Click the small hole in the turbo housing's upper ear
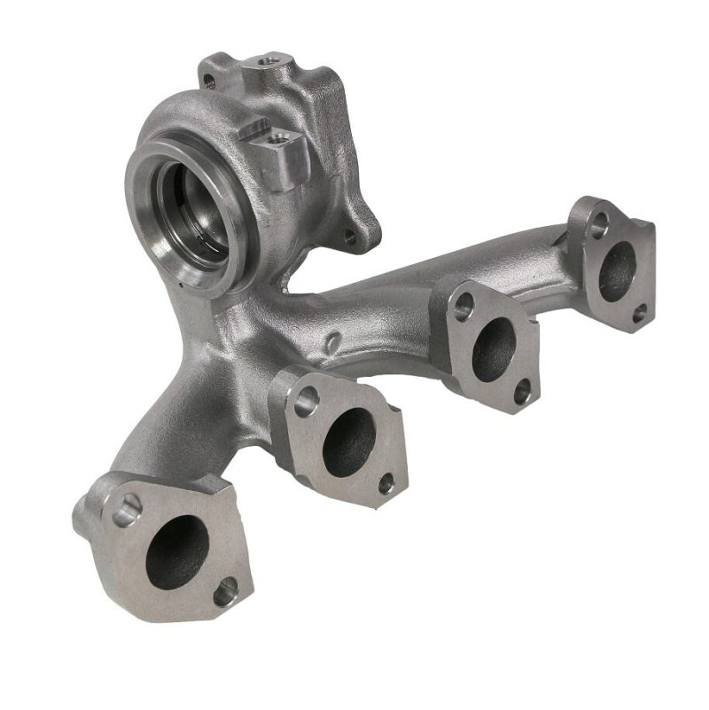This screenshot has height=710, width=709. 209,81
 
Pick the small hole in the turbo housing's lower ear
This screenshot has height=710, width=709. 349,237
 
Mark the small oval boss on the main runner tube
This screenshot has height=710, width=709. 331,342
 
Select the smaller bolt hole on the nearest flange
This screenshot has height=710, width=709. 227,589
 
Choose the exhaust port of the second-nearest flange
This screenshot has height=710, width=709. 347,441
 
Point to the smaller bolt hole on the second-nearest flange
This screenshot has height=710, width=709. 386,484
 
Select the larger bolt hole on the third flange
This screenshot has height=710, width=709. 463,308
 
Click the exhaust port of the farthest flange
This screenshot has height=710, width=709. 617,271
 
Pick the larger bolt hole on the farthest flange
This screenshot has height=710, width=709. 599,224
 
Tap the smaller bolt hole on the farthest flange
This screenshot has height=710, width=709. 639,312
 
